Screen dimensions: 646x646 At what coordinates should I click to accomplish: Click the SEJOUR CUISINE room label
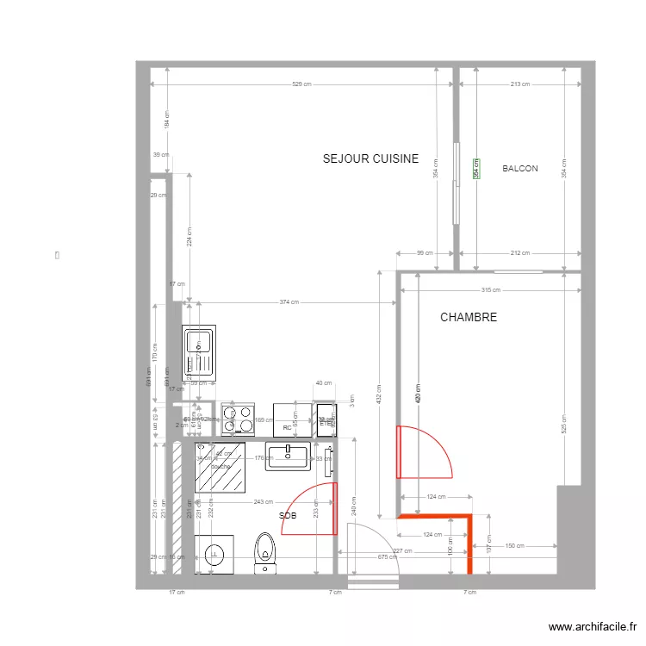pos(370,158)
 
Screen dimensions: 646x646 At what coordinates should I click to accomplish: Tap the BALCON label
pos(520,169)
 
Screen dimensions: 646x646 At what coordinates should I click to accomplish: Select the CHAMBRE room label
pos(469,318)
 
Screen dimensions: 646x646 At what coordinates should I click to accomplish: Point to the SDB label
pos(289,515)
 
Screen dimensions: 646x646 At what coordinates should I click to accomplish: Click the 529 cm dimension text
pos(301,84)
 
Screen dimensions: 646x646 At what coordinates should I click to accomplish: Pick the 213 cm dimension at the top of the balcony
pos(519,84)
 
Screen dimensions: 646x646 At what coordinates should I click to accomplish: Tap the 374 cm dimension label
pos(289,302)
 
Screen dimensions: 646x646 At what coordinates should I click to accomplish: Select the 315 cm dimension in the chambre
pos(490,290)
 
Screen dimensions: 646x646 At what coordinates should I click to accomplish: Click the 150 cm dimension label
pos(514,545)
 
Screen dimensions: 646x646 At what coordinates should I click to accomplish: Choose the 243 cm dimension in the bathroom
pos(264,502)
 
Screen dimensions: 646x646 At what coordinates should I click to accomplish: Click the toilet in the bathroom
pos(265,551)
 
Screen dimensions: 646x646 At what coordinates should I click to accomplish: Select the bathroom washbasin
pos(288,457)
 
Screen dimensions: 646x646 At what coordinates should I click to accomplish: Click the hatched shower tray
pos(220,468)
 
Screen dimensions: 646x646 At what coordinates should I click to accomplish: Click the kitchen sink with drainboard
pos(200,353)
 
